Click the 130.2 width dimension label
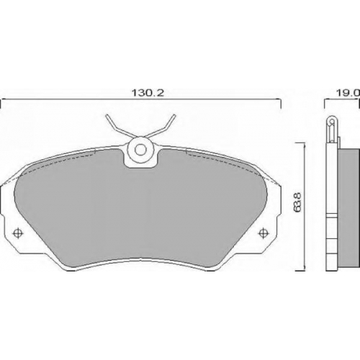(148, 93)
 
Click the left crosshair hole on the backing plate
(17, 233)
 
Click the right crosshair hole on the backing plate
(264, 233)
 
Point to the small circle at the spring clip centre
(140, 150)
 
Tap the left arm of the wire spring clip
(118, 127)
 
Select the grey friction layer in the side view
(348, 210)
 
